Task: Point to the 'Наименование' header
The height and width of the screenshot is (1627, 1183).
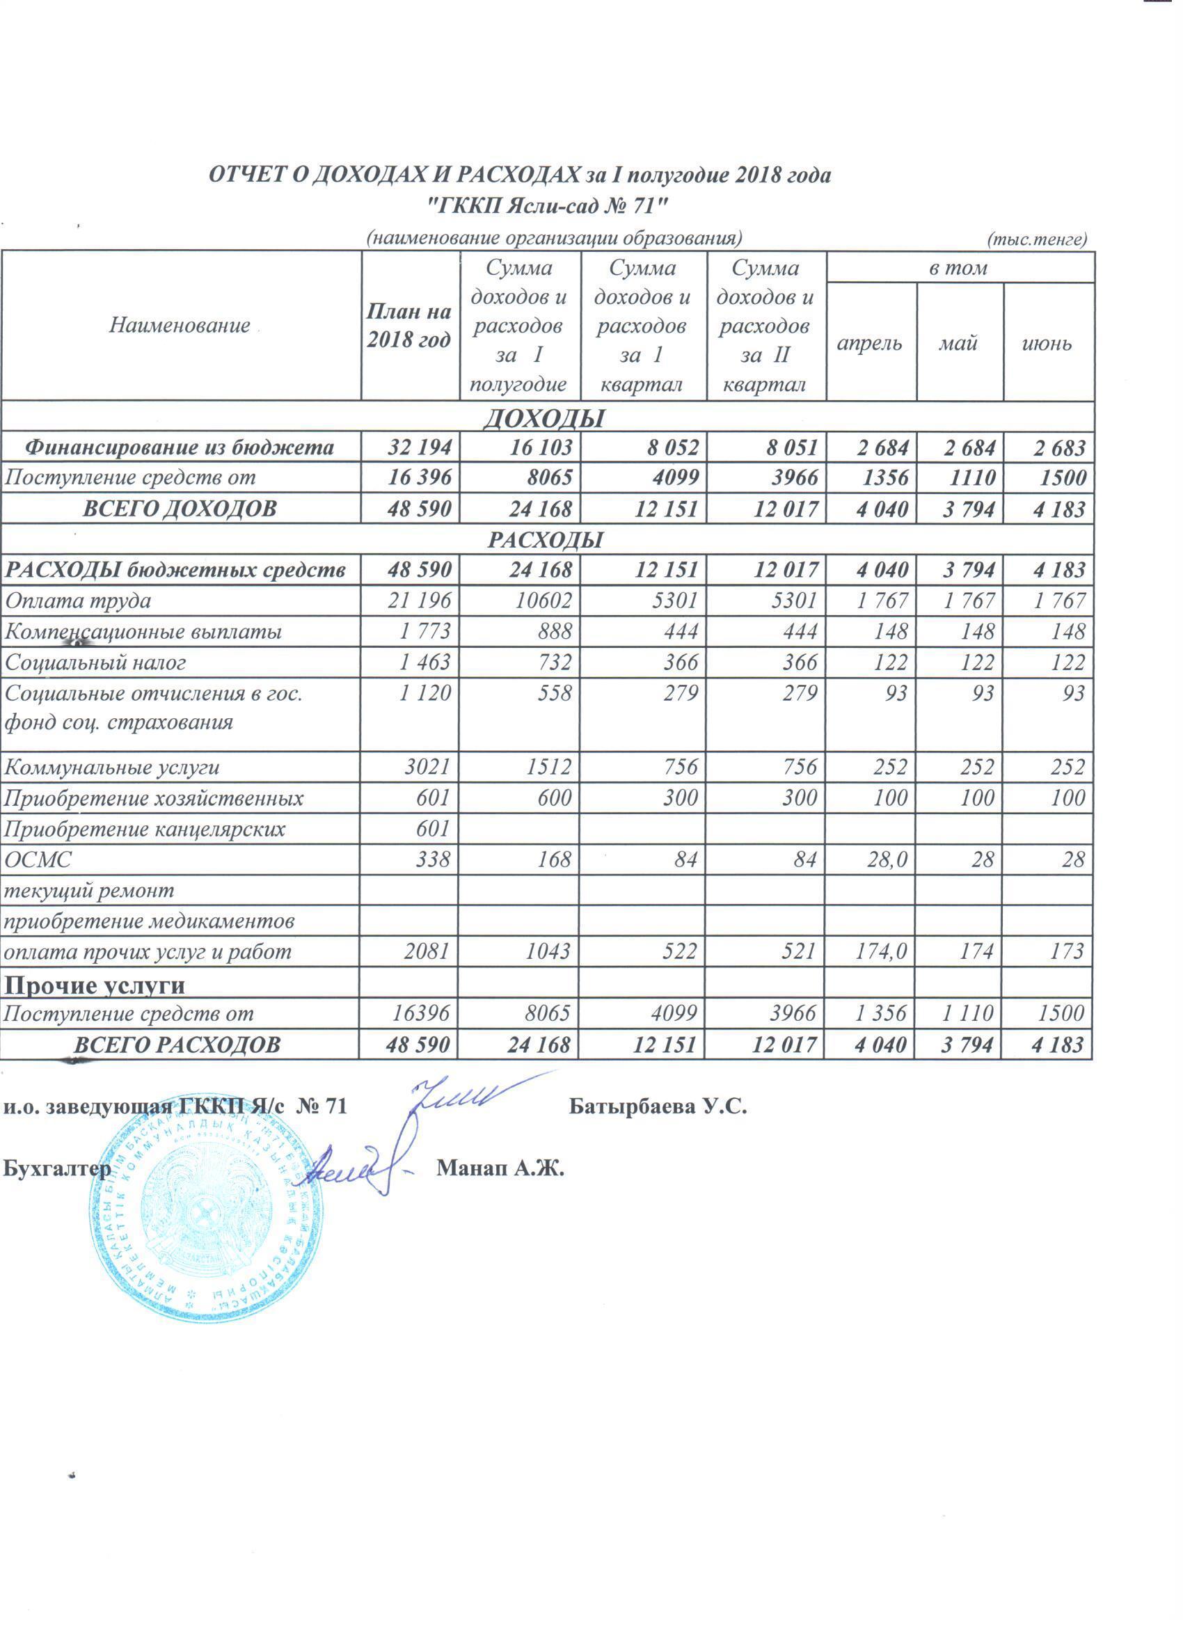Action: point(180,326)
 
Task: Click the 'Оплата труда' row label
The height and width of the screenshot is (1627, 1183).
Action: point(78,601)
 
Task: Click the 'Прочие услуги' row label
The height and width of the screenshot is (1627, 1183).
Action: point(95,985)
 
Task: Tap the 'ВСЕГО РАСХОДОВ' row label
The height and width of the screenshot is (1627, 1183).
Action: point(177,1045)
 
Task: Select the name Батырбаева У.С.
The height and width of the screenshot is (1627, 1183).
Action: point(658,1106)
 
